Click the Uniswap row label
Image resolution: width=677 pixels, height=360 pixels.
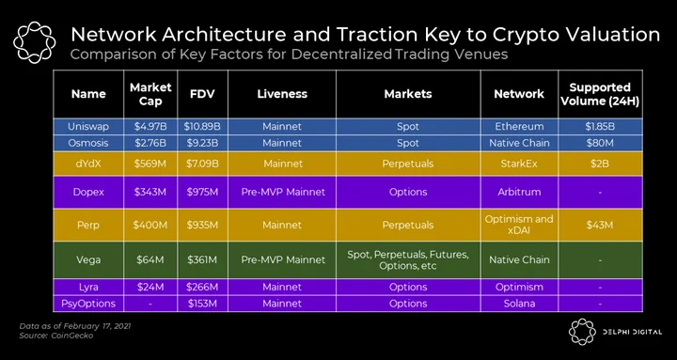click(88, 127)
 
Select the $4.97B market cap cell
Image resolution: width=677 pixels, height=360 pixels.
click(150, 127)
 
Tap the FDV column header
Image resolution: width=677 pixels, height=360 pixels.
click(202, 94)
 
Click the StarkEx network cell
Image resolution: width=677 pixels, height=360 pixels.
click(519, 164)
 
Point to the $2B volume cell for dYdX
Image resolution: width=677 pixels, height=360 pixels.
click(600, 164)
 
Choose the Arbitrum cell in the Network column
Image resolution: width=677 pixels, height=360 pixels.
click(519, 192)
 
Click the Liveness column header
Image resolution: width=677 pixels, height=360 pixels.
click(282, 94)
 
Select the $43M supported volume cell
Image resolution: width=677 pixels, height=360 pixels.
click(600, 225)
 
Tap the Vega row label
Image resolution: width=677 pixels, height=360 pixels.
click(88, 259)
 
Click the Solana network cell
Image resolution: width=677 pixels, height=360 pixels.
click(519, 304)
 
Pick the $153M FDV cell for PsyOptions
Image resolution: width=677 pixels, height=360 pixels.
click(202, 304)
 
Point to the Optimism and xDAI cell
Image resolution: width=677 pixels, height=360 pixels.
click(519, 225)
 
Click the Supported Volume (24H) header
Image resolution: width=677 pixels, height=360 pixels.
click(600, 94)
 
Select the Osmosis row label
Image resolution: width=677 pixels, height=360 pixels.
click(88, 143)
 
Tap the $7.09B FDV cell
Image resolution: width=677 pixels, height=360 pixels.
click(202, 164)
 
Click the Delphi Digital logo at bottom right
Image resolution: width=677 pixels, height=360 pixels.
click(615, 332)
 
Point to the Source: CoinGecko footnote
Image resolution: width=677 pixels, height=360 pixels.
click(56, 336)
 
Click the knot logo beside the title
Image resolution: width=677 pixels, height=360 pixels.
click(34, 42)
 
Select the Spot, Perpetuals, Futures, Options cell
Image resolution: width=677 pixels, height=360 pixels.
click(408, 259)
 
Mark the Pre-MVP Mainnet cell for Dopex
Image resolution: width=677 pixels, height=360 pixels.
click(282, 192)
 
